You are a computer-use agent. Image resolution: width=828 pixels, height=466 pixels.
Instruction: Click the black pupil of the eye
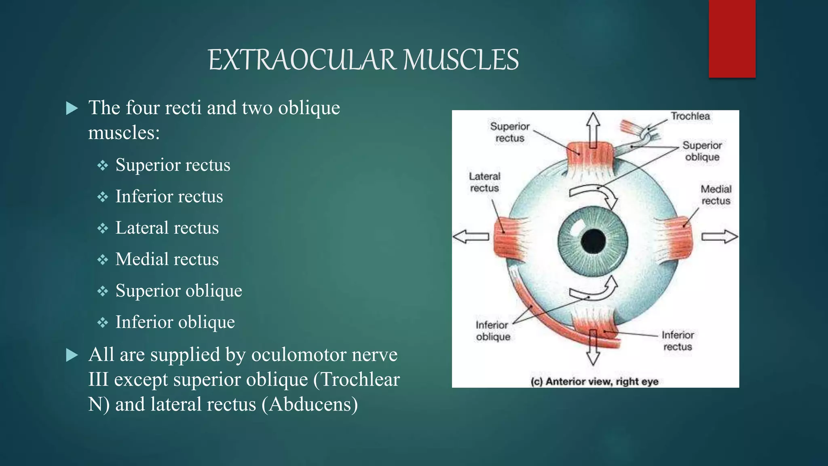(x=593, y=241)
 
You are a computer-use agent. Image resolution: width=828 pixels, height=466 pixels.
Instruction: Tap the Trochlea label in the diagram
(x=690, y=116)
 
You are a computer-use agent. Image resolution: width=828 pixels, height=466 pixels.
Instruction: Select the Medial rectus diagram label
(x=716, y=195)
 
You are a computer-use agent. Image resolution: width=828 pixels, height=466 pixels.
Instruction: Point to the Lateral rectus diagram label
(x=484, y=182)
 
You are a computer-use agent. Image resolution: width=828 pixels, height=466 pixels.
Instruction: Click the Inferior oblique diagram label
(x=492, y=330)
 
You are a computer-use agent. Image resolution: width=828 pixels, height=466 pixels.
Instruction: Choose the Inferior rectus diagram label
(x=678, y=341)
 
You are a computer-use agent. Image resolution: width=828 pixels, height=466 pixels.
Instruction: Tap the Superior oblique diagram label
(x=702, y=151)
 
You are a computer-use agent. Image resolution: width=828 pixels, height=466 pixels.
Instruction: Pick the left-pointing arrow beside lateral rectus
(x=471, y=236)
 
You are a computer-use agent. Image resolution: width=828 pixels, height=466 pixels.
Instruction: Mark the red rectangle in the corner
(x=732, y=38)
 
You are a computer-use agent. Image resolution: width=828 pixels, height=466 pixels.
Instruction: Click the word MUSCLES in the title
(x=460, y=60)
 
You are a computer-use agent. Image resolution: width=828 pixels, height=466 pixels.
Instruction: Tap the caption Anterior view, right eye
(x=595, y=381)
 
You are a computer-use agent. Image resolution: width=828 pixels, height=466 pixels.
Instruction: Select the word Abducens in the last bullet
(x=310, y=404)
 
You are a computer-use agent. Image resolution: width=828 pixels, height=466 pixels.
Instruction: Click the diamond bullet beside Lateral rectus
(x=103, y=228)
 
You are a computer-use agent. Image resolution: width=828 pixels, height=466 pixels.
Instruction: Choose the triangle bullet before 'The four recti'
(x=72, y=108)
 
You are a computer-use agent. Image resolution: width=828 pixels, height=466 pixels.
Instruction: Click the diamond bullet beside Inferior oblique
(x=103, y=322)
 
